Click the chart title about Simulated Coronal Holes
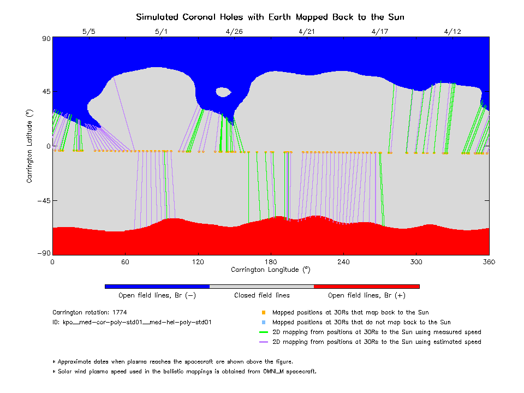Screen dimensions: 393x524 click(270, 17)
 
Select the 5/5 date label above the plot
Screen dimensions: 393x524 click(88, 32)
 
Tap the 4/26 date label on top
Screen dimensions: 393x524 click(234, 32)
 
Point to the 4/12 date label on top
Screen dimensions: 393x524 click(452, 32)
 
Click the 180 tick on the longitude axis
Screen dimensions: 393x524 click(271, 262)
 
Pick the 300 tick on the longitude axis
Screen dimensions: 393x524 click(416, 262)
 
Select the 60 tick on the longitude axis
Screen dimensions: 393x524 click(125, 262)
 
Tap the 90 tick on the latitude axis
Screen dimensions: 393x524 click(45, 39)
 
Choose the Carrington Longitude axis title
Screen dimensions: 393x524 click(270, 270)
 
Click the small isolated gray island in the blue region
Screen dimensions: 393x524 click(223, 92)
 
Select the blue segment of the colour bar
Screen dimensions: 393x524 click(157, 286)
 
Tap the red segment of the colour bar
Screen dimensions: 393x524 click(367, 286)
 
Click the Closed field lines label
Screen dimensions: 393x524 click(262, 295)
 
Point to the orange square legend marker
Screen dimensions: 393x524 click(264, 313)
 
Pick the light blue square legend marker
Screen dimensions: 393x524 click(264, 323)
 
